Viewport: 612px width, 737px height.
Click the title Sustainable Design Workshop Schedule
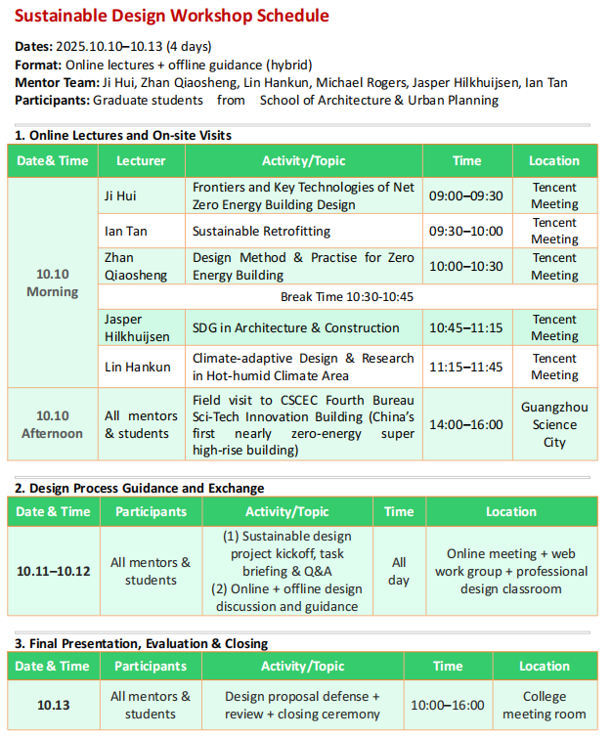[172, 16]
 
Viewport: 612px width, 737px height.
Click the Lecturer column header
[141, 160]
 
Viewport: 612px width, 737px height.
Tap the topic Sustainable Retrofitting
[261, 231]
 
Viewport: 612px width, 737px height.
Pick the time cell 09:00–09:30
[466, 195]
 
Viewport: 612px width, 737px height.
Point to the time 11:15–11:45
[466, 367]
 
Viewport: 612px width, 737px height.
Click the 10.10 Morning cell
[53, 283]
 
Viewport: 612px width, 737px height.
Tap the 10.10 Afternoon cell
[53, 424]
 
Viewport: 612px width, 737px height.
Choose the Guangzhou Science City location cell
[554, 424]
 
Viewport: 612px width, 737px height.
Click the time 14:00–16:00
[466, 424]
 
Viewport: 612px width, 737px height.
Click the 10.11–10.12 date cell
[52, 571]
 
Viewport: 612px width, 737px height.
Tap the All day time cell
[399, 571]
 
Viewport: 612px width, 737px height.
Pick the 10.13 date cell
[52, 705]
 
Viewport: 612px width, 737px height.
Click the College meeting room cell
[544, 705]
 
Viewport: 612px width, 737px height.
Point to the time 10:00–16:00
[448, 705]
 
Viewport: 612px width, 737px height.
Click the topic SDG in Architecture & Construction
[295, 327]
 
